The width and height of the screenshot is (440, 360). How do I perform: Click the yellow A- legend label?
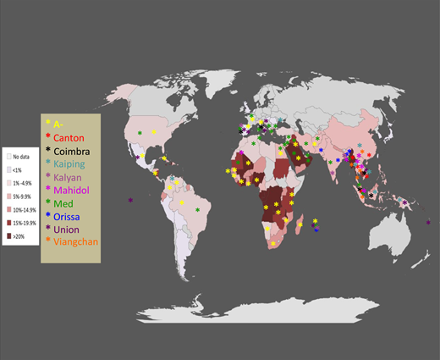point(59,124)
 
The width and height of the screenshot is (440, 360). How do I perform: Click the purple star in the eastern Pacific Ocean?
point(130,200)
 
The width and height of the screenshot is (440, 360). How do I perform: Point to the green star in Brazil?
point(197,209)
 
